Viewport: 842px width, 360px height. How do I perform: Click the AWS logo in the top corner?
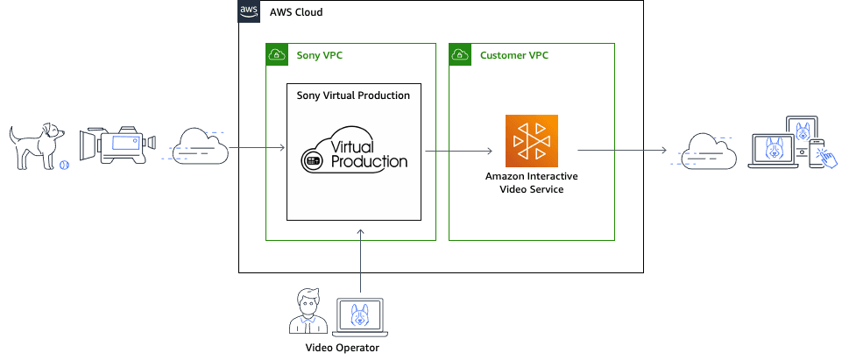pos(250,11)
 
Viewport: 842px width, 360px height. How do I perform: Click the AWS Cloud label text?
pos(296,12)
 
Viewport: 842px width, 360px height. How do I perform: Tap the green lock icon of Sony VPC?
pos(277,55)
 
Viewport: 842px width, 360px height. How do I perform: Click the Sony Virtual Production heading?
pos(353,95)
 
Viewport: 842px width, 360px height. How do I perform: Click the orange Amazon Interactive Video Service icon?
pos(532,140)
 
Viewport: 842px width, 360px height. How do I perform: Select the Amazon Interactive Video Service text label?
pos(532,182)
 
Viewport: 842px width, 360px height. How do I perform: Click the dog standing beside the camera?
pos(36,144)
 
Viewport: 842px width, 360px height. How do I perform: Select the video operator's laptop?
pos(360,316)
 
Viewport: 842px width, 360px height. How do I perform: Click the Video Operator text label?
pos(342,348)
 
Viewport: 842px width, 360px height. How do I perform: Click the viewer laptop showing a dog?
pos(775,151)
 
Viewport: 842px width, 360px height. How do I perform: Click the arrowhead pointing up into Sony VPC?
pos(360,230)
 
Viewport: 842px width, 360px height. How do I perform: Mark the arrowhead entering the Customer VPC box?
pos(488,151)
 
